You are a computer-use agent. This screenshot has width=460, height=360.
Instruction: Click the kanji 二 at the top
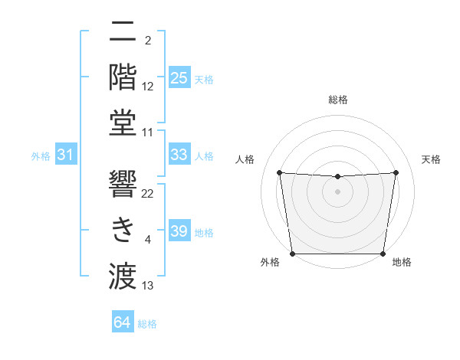(123, 33)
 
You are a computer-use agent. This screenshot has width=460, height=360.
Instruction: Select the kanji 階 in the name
(123, 77)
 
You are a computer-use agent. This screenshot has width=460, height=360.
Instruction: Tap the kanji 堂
(123, 123)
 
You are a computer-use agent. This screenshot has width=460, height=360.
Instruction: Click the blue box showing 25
(179, 77)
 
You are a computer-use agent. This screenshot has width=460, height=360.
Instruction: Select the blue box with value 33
(179, 155)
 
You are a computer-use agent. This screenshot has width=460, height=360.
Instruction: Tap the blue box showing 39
(179, 231)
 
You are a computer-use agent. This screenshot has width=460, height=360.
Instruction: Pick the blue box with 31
(66, 155)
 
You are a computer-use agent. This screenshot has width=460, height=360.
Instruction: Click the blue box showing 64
(123, 322)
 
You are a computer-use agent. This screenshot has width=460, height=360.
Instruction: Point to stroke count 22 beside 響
(148, 193)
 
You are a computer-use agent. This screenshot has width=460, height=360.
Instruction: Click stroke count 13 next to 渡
(148, 286)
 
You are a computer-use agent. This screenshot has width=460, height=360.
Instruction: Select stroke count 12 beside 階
(148, 87)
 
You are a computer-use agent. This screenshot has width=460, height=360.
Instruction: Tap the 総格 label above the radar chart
(338, 100)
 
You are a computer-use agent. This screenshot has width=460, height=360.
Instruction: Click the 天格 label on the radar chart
(432, 159)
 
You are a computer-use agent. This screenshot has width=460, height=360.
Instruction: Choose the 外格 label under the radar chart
(270, 262)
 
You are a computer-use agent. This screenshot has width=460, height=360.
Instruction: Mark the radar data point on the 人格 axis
(280, 172)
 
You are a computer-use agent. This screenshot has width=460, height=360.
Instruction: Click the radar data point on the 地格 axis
(383, 254)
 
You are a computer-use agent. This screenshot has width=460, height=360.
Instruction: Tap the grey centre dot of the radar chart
(338, 191)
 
